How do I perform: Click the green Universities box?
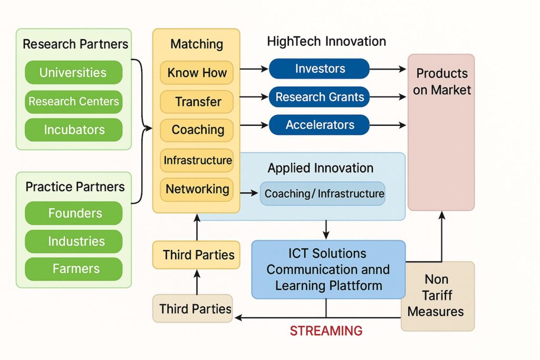[73, 73]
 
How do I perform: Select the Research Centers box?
[73, 101]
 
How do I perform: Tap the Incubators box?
[73, 130]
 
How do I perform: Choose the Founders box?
[73, 213]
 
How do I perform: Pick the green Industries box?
[73, 241]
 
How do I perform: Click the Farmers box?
[73, 269]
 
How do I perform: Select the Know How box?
[197, 73]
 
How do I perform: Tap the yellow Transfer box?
[197, 101]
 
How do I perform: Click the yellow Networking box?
[197, 189]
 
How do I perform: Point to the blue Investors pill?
[319, 69]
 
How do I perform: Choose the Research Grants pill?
[319, 97]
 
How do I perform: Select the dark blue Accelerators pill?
[319, 125]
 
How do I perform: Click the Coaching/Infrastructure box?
[323, 193]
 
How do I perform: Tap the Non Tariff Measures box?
[437, 295]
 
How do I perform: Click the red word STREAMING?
[326, 331]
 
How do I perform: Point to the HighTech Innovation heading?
[326, 42]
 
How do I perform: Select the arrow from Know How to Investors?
[254, 69]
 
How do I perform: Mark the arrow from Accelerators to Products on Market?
[388, 125]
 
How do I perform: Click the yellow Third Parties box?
[196, 255]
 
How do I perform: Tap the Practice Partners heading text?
[75, 187]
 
